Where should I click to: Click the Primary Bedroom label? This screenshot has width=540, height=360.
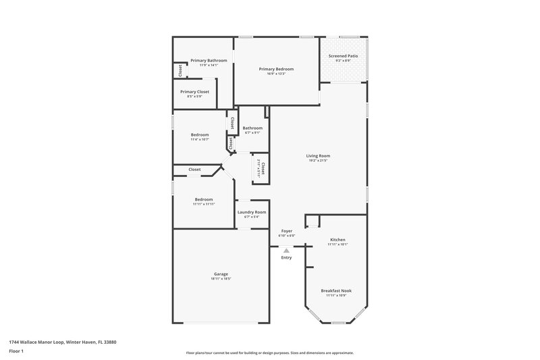pos(276,69)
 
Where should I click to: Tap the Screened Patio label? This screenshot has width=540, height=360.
pos(343,56)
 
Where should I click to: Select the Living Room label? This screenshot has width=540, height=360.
pos(318,156)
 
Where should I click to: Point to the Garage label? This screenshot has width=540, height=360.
pos(221,274)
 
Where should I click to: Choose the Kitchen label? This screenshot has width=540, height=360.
pos(337,240)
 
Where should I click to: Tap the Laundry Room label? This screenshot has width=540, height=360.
pos(252,212)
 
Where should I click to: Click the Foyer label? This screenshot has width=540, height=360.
pos(287,231)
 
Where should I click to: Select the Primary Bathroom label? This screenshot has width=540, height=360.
pos(209,61)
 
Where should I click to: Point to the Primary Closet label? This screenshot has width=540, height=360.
pos(194,92)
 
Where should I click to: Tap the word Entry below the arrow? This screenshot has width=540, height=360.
pos(286,257)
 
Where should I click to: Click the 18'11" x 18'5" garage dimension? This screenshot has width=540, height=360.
pos(221,278)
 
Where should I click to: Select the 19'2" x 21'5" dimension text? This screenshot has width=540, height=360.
pos(318,161)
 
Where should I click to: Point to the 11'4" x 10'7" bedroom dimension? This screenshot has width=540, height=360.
pos(200,139)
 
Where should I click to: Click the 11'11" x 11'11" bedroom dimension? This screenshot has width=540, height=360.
pos(204,204)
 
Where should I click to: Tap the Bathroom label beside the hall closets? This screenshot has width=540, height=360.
pos(252,128)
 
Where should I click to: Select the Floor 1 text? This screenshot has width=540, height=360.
pos(15,351)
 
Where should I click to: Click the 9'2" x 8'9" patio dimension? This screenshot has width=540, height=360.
pos(343,61)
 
